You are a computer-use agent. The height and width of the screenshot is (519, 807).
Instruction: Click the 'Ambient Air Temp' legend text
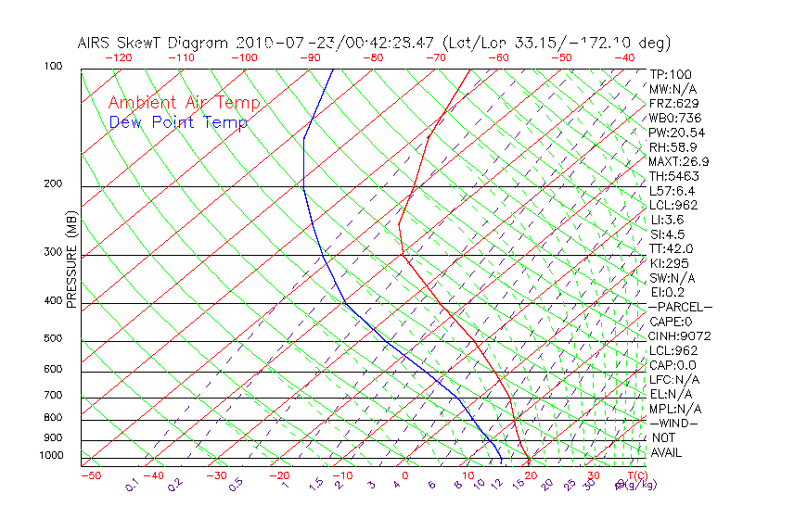[x=184, y=104]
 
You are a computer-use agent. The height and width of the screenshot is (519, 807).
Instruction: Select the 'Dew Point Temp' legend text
[x=178, y=122]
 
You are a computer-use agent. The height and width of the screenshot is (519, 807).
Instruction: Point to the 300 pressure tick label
[x=54, y=252]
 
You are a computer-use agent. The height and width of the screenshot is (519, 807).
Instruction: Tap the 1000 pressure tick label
[x=51, y=456]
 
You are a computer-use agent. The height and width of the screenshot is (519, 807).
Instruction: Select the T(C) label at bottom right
[x=635, y=475]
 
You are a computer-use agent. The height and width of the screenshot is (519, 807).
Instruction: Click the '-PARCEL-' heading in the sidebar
[x=680, y=307]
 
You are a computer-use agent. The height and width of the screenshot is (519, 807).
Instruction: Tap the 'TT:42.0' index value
[x=672, y=248]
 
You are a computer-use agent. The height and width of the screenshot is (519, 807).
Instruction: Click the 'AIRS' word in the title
[x=96, y=43]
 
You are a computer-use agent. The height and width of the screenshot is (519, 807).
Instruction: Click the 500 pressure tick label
[x=54, y=339]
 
